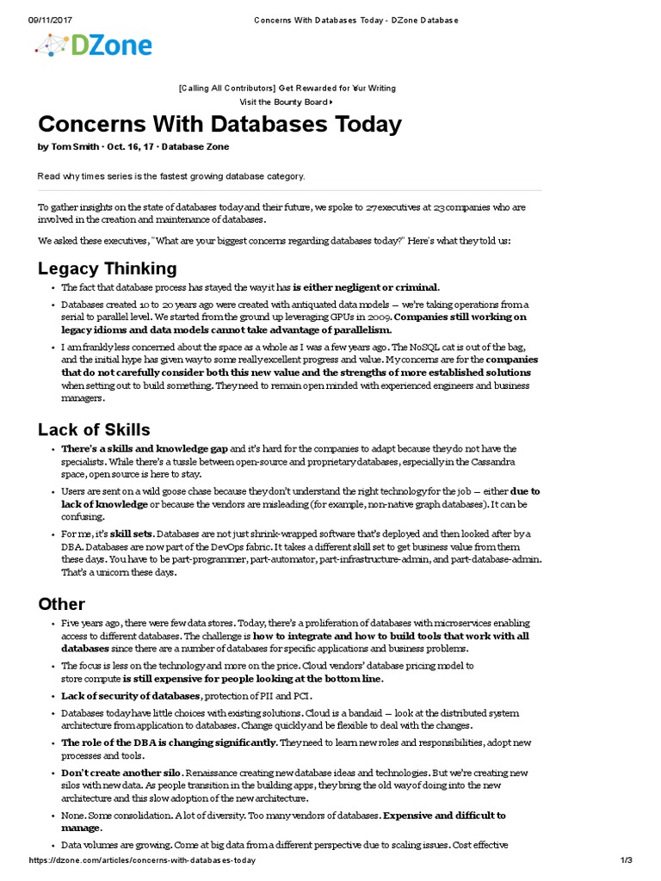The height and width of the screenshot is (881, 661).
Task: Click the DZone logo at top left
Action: (94, 46)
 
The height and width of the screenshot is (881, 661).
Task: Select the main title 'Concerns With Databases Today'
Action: (219, 124)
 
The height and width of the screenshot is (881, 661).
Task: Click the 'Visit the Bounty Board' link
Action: (286, 102)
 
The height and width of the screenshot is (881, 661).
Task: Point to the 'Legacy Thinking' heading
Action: (108, 268)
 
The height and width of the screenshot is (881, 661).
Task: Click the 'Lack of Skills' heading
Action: (94, 429)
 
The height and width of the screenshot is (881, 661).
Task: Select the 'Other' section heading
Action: (61, 603)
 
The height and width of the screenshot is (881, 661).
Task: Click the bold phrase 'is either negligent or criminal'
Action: (366, 287)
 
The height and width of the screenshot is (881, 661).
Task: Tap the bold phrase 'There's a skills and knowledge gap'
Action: (145, 449)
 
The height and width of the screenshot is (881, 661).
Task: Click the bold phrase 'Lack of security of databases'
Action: (131, 695)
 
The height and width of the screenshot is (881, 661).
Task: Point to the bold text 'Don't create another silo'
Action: (122, 773)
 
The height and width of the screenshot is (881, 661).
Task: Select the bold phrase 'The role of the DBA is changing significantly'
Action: (169, 742)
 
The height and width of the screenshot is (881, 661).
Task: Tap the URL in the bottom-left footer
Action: (142, 860)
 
